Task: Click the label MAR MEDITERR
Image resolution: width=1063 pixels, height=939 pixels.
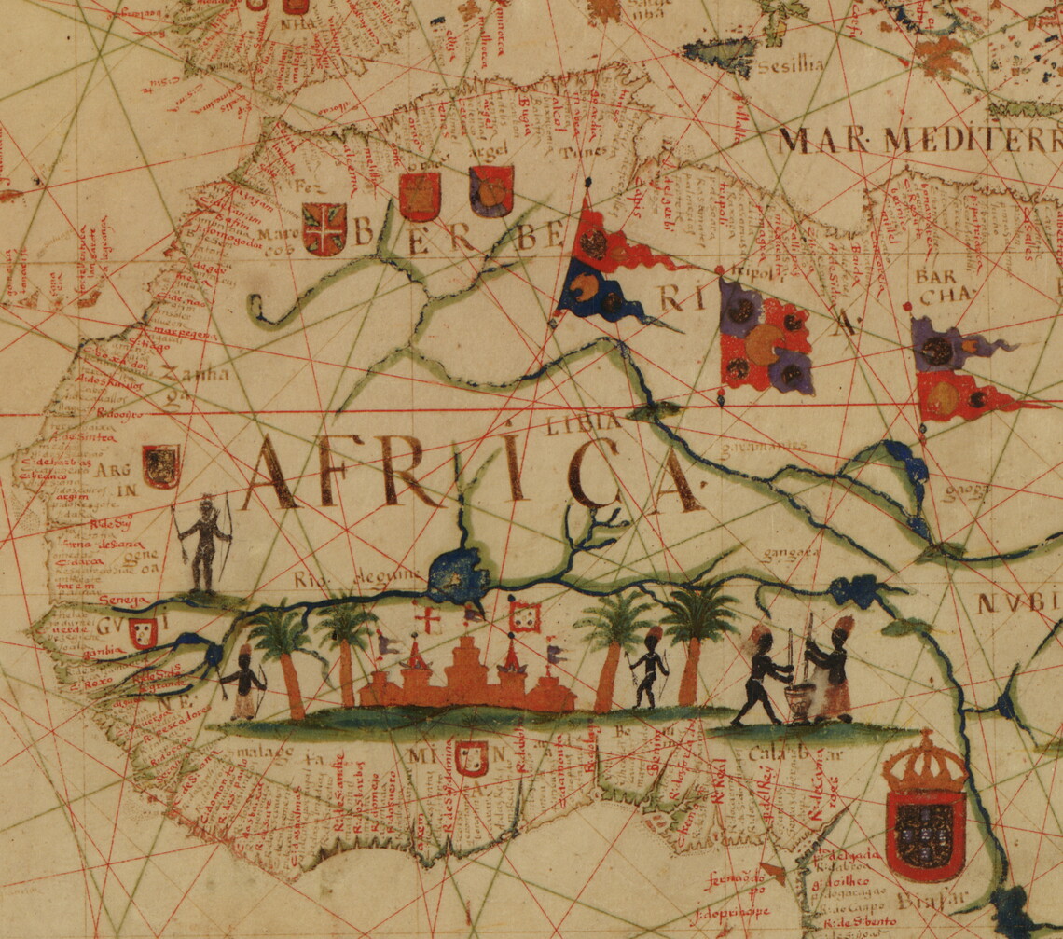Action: (x=918, y=140)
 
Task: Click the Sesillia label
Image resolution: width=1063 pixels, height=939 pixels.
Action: (x=791, y=65)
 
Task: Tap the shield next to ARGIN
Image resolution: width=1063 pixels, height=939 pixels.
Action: (x=160, y=465)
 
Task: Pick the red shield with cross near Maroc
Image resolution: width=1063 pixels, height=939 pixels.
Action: (x=324, y=228)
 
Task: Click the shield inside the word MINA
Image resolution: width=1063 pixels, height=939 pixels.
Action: (x=472, y=758)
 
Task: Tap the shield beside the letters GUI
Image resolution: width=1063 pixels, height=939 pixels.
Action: (x=143, y=632)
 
